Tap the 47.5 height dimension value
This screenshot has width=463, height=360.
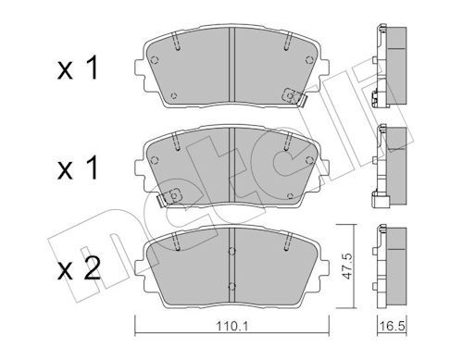pos(348,267)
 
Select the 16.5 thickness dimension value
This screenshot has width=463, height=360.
pos(392,326)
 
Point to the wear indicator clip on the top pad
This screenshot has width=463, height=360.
pos(294,97)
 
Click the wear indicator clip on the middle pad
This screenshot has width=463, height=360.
pos(169,197)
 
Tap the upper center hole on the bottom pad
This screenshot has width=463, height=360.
pos(231,251)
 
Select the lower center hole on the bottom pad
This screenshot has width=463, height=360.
pos(231,286)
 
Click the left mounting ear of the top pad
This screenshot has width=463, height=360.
pos(140,68)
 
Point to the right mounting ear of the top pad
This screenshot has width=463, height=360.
pos(324,68)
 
